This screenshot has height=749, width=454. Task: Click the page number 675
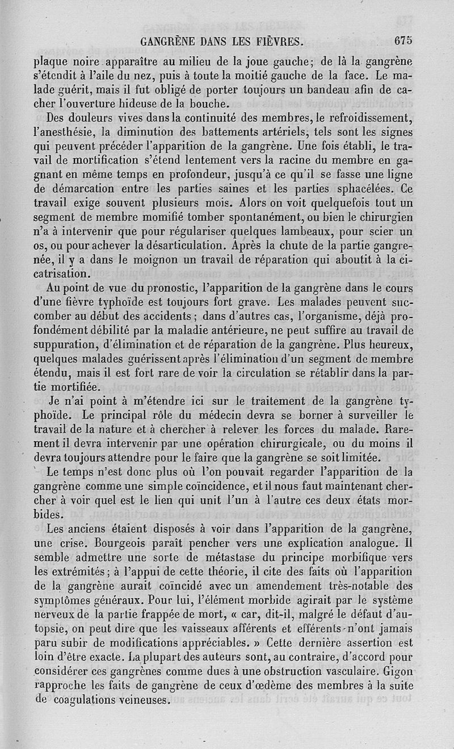(x=401, y=40)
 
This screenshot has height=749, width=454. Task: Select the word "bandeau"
(x=324, y=90)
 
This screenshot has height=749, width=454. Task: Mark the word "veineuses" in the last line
(x=139, y=700)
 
